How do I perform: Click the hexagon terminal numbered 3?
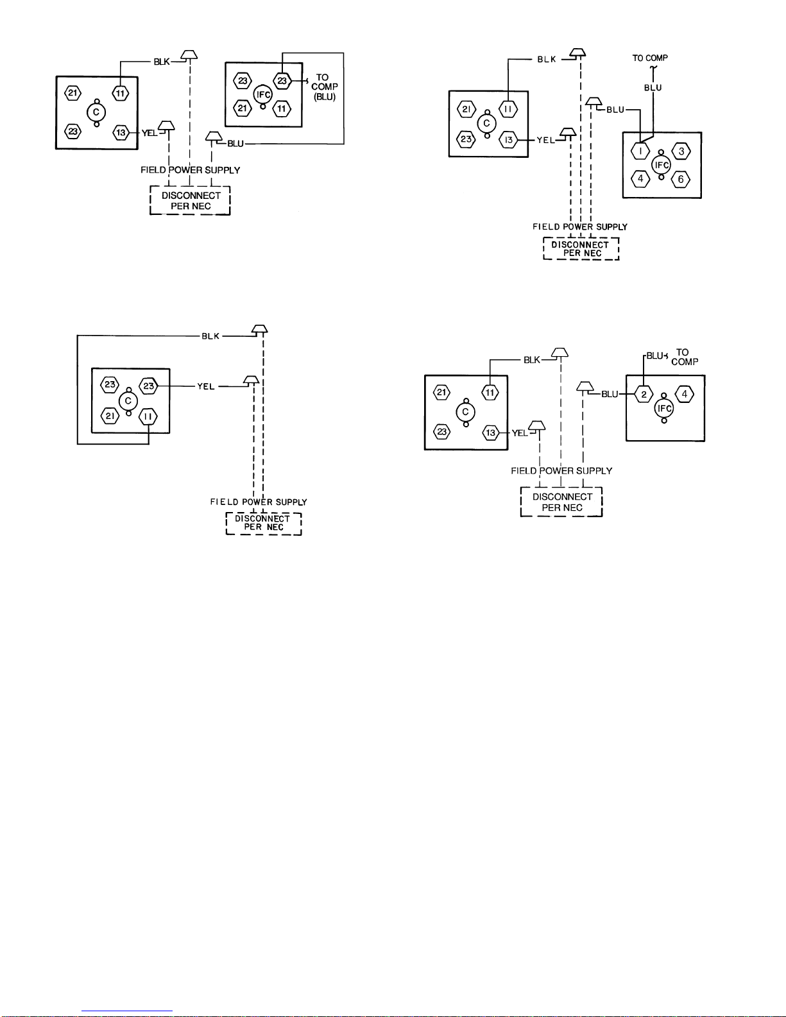681,151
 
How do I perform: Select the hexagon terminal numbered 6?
681,179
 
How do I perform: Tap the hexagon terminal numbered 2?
644,394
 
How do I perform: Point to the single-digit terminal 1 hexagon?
640,151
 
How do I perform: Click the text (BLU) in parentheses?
325,97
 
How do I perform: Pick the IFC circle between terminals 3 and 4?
661,165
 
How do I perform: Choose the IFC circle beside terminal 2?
664,408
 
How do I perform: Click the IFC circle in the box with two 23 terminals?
263,94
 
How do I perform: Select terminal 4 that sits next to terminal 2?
685,394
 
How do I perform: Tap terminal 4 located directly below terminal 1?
640,179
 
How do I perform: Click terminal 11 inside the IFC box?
282,108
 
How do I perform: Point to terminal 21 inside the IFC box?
243,108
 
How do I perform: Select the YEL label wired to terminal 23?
205,386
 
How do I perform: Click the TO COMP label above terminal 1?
650,58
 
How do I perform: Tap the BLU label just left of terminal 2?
610,394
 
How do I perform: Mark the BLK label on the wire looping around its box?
210,336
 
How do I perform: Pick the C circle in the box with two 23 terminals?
128,400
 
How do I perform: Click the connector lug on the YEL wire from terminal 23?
252,380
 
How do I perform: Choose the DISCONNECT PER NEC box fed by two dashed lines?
264,523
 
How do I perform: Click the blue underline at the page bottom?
127,1011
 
